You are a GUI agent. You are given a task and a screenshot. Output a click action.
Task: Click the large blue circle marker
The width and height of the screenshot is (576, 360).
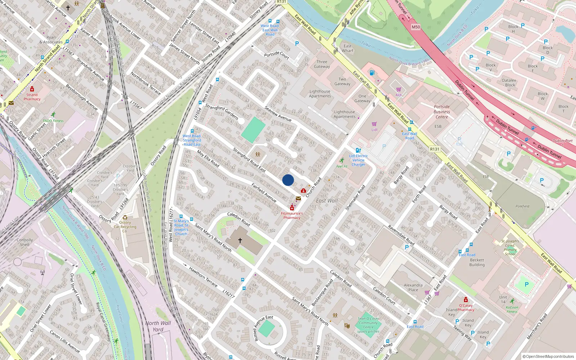[288, 180]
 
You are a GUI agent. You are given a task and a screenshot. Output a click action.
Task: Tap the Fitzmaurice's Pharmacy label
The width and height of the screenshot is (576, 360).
[292, 215]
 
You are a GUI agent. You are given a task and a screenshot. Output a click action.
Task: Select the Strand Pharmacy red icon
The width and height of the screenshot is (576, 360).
[32, 89]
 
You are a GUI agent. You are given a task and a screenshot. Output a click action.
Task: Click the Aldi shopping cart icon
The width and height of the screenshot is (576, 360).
[399, 90]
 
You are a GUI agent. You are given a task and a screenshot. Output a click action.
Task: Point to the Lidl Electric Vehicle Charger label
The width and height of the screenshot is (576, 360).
[358, 160]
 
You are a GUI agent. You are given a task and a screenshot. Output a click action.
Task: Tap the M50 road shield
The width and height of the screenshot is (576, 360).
[416, 27]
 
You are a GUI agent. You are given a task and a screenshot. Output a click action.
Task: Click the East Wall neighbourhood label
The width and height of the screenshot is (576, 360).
[327, 201]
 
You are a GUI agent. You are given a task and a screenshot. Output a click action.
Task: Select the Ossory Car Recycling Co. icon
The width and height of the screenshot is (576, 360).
[125, 217]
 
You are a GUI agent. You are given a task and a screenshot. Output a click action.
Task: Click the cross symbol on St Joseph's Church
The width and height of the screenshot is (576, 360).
[240, 240]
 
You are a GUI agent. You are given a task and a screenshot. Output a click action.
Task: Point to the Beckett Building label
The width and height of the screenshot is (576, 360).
[477, 262]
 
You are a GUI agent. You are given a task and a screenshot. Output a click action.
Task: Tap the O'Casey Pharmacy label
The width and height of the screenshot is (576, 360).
[466, 307]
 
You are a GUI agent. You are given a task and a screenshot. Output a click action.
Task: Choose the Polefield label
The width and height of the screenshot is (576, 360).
[522, 206]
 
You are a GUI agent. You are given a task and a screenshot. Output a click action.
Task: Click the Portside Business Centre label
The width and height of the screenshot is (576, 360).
[442, 112]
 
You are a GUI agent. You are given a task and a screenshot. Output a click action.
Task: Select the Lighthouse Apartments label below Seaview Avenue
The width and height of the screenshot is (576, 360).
[344, 114]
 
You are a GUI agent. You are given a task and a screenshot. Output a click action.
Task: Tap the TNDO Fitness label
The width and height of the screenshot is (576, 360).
[53, 121]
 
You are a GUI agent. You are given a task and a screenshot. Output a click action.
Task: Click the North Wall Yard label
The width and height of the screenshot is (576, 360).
[158, 326]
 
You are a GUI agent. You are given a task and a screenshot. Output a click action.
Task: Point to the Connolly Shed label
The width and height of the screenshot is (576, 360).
[25, 242]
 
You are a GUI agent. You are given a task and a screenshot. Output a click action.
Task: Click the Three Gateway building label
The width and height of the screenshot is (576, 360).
[322, 64]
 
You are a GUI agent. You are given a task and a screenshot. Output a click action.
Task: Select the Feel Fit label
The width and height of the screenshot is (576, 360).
[342, 166]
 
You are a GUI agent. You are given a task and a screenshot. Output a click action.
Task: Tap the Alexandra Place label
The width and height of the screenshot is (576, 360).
[413, 287]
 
